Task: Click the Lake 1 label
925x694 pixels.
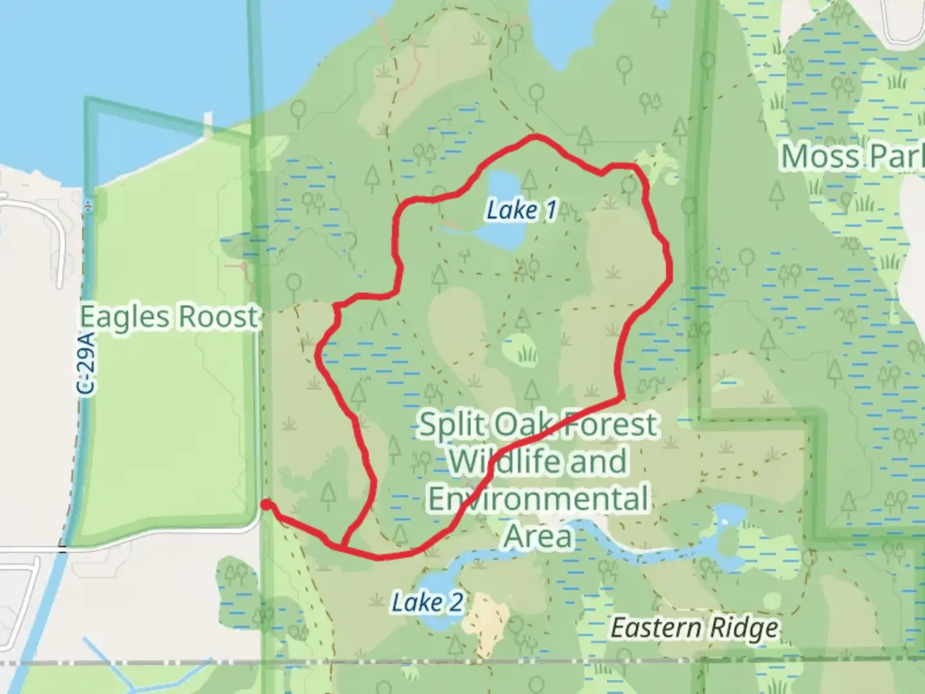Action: (x=521, y=210)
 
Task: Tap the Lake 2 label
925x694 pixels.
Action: (x=427, y=603)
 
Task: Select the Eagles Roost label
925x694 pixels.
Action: (x=169, y=317)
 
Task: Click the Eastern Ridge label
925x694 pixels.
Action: (x=694, y=628)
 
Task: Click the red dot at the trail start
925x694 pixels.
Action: (x=266, y=506)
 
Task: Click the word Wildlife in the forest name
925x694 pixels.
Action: (x=489, y=461)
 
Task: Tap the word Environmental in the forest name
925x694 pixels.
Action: (x=538, y=499)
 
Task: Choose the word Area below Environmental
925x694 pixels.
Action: (x=538, y=535)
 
